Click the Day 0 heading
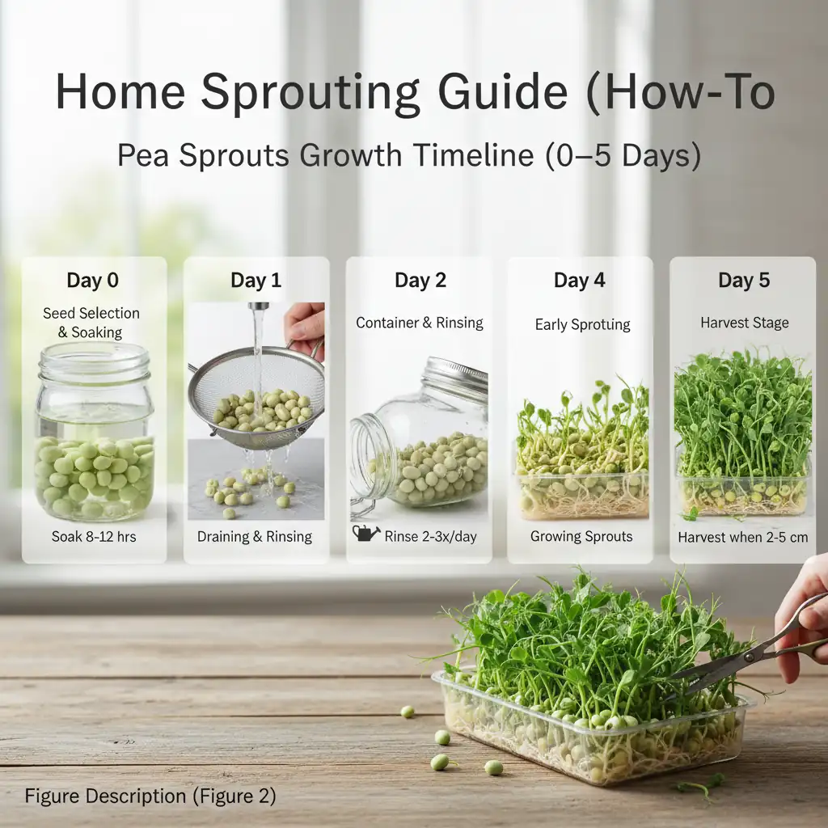(x=93, y=281)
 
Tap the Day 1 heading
(x=256, y=281)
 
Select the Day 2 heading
(x=420, y=281)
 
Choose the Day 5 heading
(x=744, y=281)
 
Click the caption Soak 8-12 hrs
(x=94, y=536)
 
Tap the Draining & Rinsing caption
(x=256, y=536)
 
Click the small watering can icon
(x=365, y=534)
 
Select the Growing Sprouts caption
(x=581, y=536)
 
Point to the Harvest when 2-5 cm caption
(x=743, y=537)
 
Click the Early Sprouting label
(x=582, y=324)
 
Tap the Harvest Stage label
(x=744, y=323)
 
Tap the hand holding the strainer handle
(x=306, y=327)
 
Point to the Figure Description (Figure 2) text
(x=150, y=796)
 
